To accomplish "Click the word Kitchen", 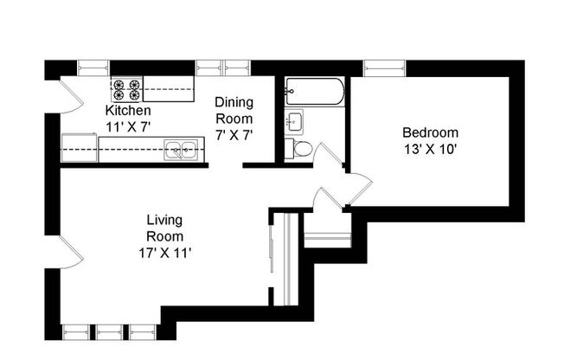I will [x=128, y=111].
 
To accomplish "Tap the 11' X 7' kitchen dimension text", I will [x=128, y=126].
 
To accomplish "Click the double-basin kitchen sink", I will [x=182, y=151].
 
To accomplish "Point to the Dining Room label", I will [x=234, y=110].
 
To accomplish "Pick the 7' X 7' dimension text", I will [x=234, y=135].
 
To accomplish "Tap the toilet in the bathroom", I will [x=299, y=148].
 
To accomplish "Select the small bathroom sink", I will [x=293, y=119].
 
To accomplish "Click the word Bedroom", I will [x=430, y=132].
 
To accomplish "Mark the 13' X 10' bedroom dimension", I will [x=430, y=148].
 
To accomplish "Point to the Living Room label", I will [x=164, y=228].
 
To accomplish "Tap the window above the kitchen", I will [x=93, y=67].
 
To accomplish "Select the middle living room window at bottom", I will [x=110, y=331].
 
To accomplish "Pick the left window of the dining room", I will [x=208, y=67].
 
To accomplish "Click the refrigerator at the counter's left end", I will [x=79, y=148].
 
